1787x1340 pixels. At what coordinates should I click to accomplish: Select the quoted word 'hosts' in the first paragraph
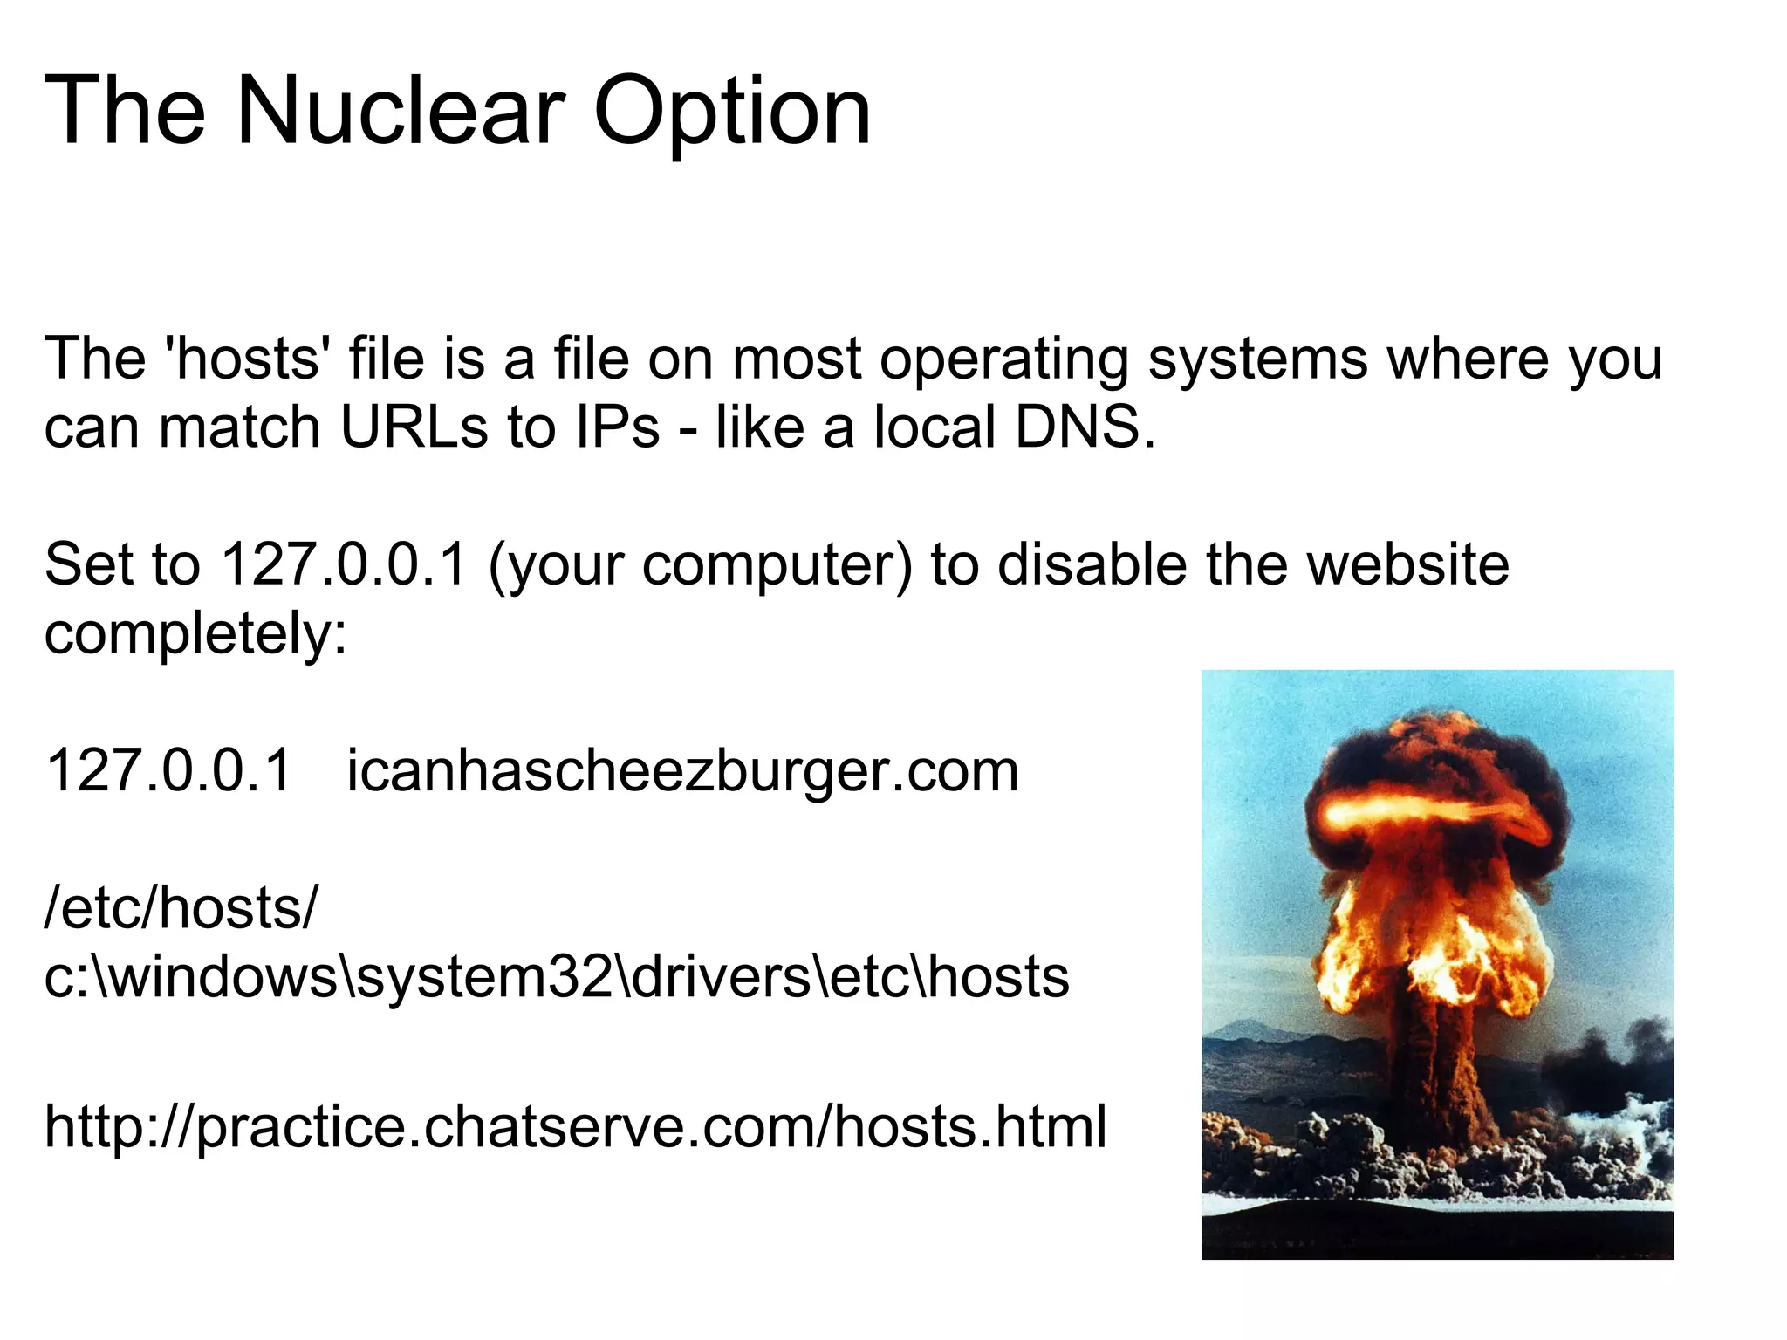(x=248, y=359)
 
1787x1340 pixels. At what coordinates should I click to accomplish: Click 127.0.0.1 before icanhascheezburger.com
(x=168, y=771)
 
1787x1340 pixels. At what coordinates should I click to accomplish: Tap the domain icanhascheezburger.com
(x=682, y=771)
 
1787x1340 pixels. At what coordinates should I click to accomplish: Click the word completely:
(x=195, y=634)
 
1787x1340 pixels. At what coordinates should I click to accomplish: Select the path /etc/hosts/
(x=181, y=908)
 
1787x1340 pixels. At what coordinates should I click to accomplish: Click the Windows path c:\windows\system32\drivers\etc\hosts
(x=556, y=977)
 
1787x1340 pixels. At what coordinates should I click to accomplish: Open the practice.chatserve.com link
(x=575, y=1126)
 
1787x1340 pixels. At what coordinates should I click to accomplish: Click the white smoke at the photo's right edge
(x=1640, y=1125)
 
